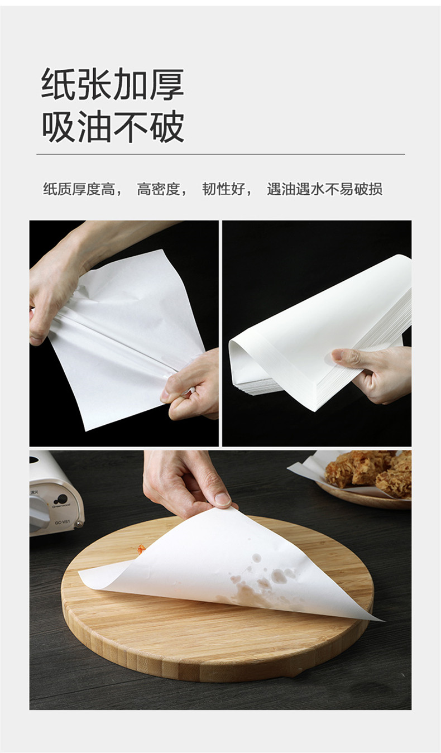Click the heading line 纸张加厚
(112, 84)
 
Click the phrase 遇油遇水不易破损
(324, 189)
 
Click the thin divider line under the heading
(220, 154)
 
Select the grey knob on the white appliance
(38, 513)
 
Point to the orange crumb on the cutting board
(141, 549)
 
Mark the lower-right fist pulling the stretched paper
(193, 385)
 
